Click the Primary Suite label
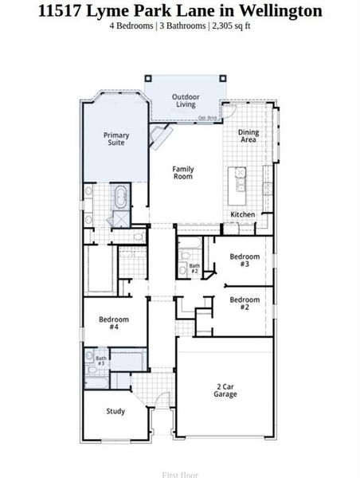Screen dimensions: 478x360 point(115,139)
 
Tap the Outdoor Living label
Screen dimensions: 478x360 point(186,101)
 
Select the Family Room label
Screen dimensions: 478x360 point(183,173)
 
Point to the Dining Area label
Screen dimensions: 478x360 point(249,136)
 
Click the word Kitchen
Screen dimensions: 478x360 point(242,215)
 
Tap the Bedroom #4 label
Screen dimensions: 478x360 point(113,323)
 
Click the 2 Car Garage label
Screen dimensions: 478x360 point(225,390)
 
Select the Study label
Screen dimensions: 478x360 point(115,411)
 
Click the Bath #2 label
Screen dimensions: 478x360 point(194,268)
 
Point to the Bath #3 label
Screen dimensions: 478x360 point(101,361)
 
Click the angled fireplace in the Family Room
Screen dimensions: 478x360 point(162,138)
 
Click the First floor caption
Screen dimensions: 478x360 point(180,475)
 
